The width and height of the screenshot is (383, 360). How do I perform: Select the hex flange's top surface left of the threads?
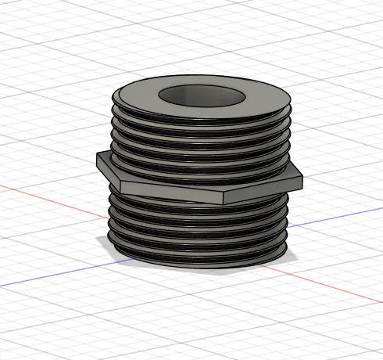[106, 159]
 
